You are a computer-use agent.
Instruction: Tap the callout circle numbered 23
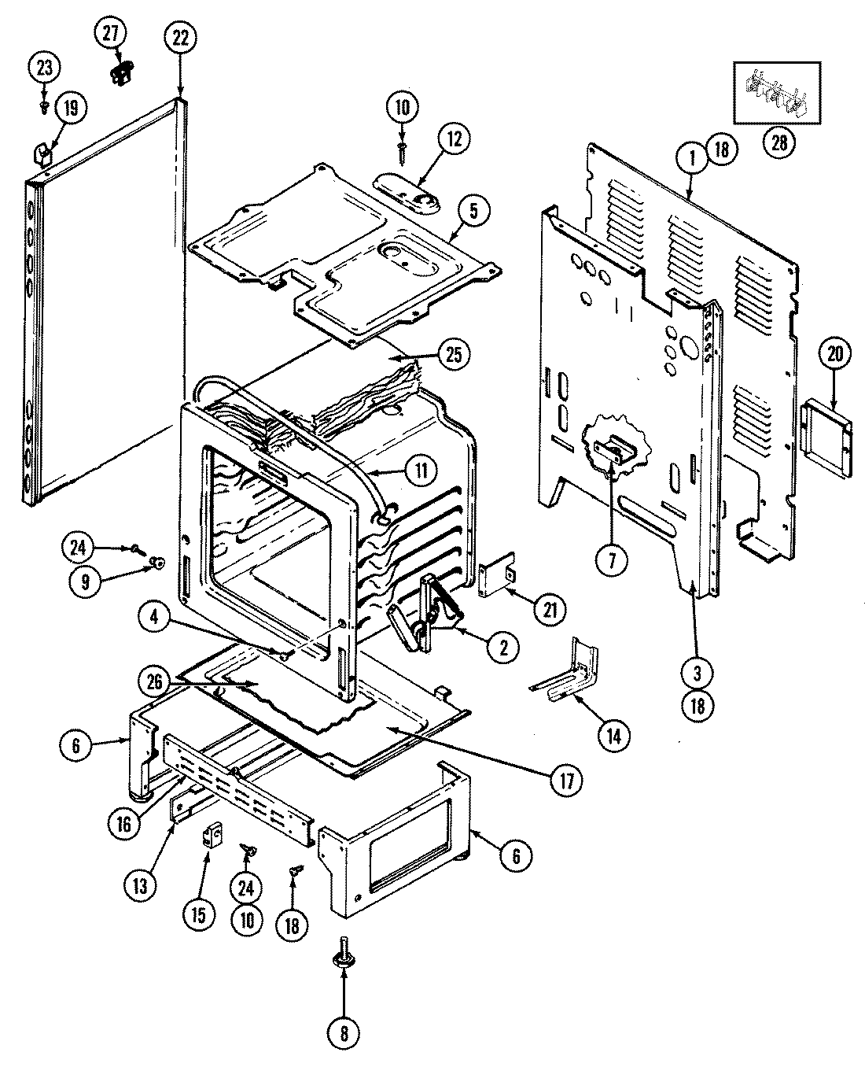pyautogui.click(x=45, y=68)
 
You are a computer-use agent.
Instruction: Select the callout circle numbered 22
pyautogui.click(x=180, y=39)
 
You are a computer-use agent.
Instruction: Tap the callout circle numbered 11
pyautogui.click(x=421, y=471)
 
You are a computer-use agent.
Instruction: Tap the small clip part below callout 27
pyautogui.click(x=120, y=72)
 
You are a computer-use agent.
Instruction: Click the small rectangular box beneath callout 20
pyautogui.click(x=827, y=438)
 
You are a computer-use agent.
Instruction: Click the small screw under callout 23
pyautogui.click(x=46, y=102)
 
